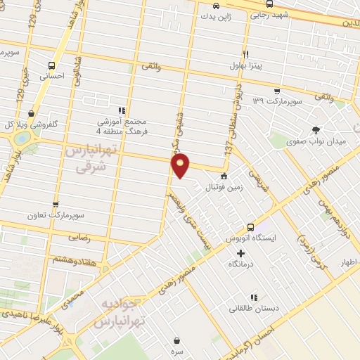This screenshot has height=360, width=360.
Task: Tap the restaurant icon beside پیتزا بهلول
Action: (245, 54)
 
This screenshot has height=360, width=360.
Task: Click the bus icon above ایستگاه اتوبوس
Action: (250, 227)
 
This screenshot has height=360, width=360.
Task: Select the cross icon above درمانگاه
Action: (241, 253)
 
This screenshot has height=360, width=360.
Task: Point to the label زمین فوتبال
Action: (224, 188)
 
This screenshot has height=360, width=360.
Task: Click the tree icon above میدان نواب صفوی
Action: (316, 129)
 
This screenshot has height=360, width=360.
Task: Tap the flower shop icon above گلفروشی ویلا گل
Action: (31, 112)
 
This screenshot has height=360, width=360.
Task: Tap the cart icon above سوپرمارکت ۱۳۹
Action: (277, 91)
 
